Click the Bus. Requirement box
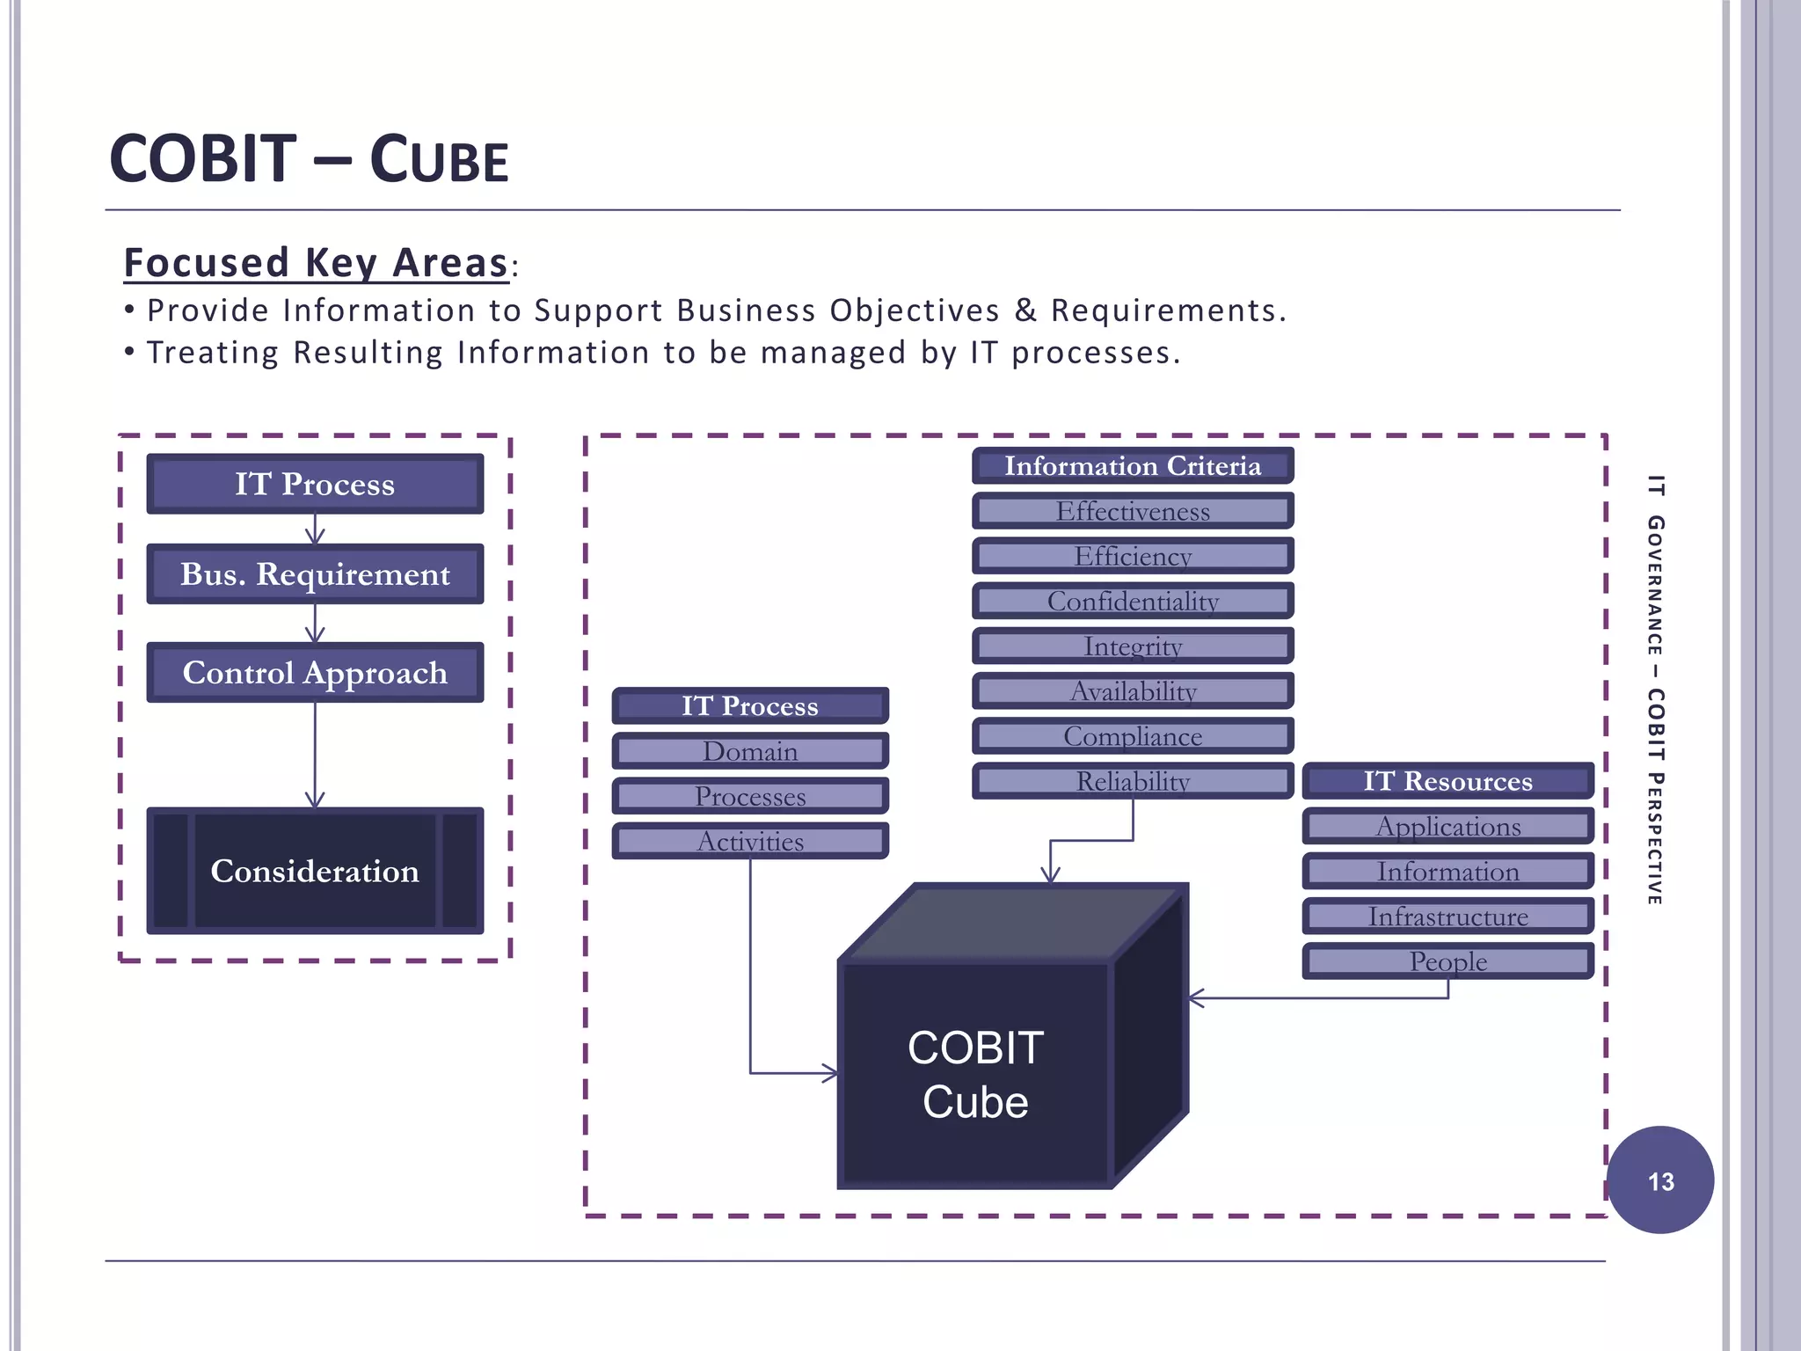315,574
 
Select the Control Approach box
315,673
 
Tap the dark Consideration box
315,871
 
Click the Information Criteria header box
1133,466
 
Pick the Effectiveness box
1133,511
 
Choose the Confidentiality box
1133,602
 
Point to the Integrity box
1133,646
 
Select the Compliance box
1133,736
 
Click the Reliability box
1133,781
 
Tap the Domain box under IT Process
750,751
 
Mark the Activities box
750,842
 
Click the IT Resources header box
1447,781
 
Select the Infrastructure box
1447,916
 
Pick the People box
1447,961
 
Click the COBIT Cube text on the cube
975,1075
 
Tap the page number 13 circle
1660,1180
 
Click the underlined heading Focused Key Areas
316,263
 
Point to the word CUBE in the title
439,160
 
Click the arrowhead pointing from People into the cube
1195,998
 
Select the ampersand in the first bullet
1025,310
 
